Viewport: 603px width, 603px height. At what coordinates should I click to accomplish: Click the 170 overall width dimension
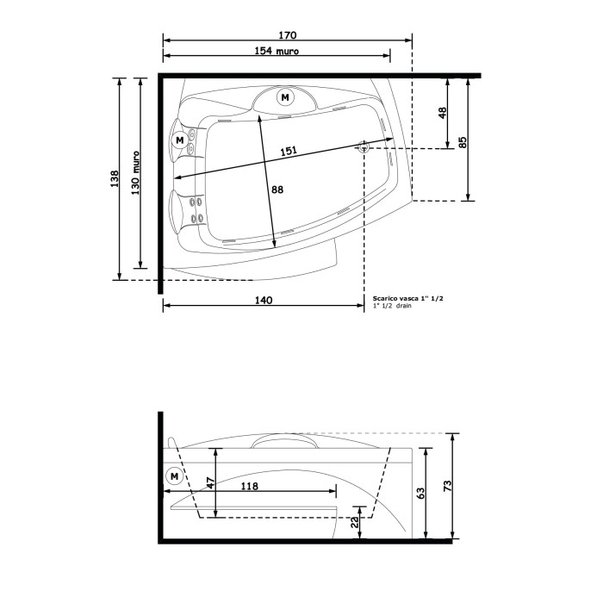[x=288, y=35]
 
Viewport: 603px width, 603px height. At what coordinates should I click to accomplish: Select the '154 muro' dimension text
[x=277, y=52]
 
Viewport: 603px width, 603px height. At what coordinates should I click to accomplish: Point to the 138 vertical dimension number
[x=115, y=178]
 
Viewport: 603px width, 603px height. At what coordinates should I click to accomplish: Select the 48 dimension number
[x=443, y=112]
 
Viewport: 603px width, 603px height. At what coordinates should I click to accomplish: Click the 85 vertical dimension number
[x=463, y=142]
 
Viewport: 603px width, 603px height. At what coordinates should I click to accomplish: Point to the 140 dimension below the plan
[x=264, y=300]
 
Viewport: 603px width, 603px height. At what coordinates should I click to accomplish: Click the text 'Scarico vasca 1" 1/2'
[x=407, y=297]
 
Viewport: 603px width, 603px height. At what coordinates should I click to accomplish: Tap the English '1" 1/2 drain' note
[x=393, y=306]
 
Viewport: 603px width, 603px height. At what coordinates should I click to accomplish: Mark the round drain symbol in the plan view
[x=364, y=147]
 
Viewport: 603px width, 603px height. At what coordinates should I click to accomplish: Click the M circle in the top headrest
[x=285, y=97]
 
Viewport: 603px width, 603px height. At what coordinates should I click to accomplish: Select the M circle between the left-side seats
[x=179, y=139]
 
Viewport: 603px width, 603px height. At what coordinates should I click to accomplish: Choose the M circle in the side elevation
[x=175, y=476]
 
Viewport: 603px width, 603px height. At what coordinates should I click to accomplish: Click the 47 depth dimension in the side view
[x=211, y=484]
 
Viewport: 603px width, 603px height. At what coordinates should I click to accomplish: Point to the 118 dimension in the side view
[x=249, y=486]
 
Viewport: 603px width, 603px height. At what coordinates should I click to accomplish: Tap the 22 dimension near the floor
[x=356, y=522]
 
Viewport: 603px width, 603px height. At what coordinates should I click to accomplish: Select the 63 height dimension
[x=420, y=494]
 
